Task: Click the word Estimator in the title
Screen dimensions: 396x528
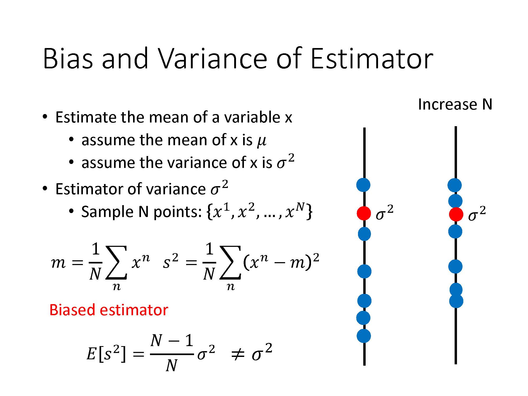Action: coord(372,59)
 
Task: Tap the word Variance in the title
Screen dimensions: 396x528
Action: coord(213,59)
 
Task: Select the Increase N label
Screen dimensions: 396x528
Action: coord(455,104)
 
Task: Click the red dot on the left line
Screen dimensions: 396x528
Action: coord(364,213)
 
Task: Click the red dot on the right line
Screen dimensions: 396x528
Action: coord(456,214)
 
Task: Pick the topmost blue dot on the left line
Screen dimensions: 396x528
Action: coord(363,185)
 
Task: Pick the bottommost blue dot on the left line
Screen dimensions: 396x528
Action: coord(364,336)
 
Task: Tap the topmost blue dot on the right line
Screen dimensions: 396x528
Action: coord(454,185)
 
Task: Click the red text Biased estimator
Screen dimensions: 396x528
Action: coord(109,310)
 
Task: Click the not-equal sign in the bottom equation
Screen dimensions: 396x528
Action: coord(237,354)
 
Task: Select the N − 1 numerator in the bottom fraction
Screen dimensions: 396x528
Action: coord(172,341)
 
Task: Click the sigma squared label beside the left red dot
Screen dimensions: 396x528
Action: coord(384,213)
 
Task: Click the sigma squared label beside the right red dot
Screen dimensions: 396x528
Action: coord(477,214)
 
